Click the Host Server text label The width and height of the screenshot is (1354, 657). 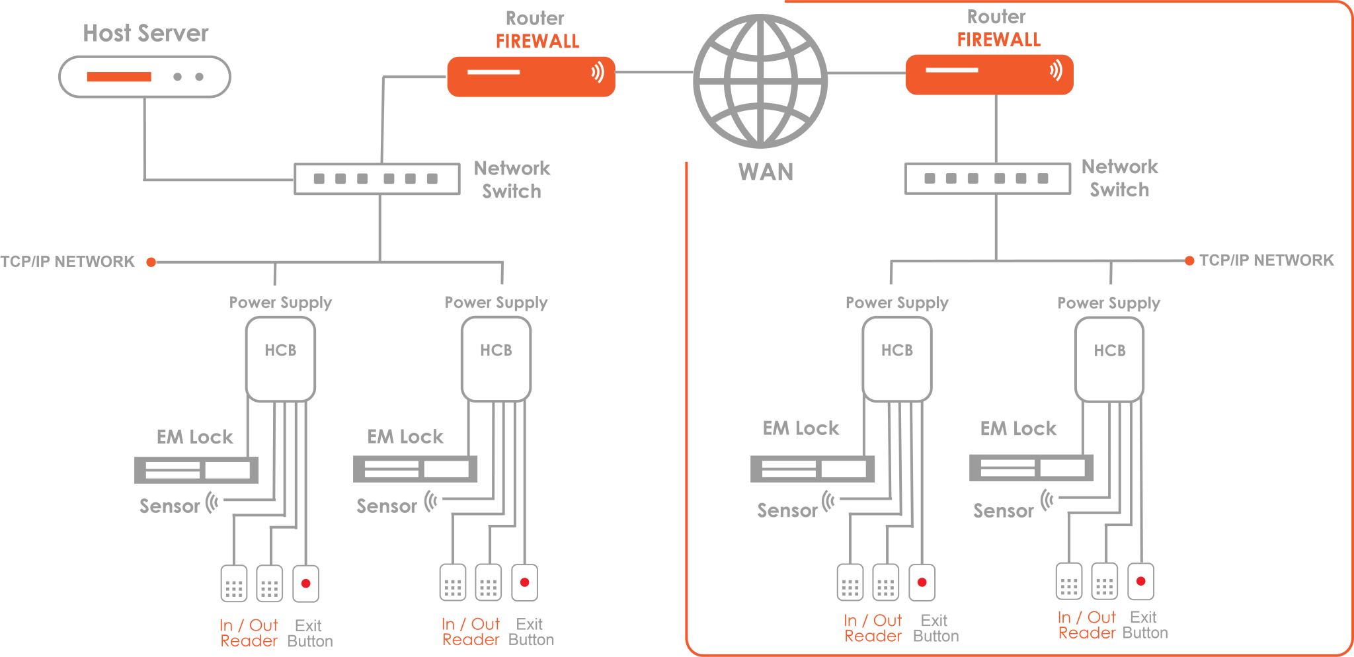click(145, 33)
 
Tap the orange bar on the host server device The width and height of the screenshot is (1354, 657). click(119, 77)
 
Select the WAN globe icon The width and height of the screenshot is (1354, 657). click(760, 81)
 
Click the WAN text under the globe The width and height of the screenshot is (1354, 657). click(766, 172)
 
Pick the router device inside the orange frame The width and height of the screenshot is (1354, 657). click(989, 75)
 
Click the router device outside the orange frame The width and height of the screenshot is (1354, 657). click(531, 77)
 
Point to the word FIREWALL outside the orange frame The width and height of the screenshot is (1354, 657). click(538, 42)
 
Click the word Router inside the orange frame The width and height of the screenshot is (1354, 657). click(996, 17)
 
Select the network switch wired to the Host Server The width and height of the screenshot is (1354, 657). click(377, 179)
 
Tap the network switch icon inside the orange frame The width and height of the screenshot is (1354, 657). click(988, 178)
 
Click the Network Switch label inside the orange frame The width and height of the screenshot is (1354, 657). click(1119, 178)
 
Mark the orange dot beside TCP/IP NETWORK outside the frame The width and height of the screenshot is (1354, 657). click(151, 262)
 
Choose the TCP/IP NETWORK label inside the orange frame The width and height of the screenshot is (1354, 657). click(1266, 260)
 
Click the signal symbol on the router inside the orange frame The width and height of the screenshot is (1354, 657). click(1056, 69)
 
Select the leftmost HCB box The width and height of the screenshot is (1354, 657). click(280, 359)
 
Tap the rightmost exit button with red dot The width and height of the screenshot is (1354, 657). click(1140, 582)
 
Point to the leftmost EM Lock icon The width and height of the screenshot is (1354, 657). click(196, 470)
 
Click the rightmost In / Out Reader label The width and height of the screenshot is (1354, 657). click(1087, 625)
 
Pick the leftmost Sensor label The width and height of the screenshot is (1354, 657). click(169, 506)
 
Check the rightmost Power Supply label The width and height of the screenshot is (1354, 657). click(1109, 303)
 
